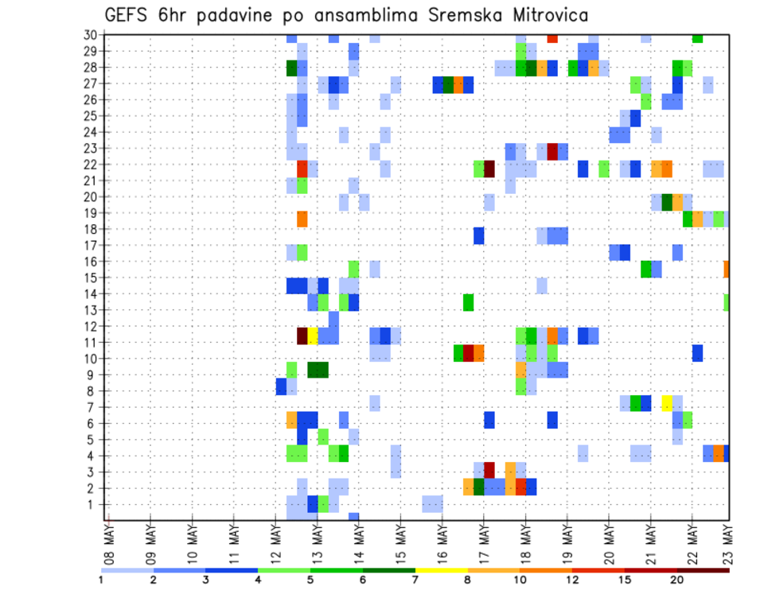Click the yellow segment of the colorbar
point(441,570)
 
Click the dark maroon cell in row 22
point(489,169)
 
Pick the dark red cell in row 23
point(552,152)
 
